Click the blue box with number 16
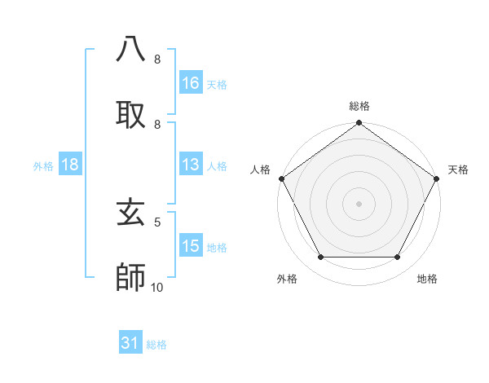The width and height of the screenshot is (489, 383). coord(191,82)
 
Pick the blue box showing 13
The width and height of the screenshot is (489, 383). coord(191,165)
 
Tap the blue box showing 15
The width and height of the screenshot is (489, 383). coord(191,247)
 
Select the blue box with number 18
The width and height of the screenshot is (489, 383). coord(70,165)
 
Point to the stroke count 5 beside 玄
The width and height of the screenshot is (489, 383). coord(157,221)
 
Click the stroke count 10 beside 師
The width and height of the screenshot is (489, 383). coord(157,287)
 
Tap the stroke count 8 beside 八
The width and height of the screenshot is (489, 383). coord(157,59)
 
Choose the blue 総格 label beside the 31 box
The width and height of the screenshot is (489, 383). coord(156,345)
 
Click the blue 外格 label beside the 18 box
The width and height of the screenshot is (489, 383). coord(43,165)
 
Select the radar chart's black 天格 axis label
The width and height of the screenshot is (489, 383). coord(458,169)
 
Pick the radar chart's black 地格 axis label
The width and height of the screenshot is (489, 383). coord(427,279)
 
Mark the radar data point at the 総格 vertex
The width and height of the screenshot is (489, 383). coord(359,124)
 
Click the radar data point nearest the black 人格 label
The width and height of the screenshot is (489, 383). coord(282,178)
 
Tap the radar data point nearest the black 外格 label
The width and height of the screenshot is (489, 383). coord(320,258)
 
